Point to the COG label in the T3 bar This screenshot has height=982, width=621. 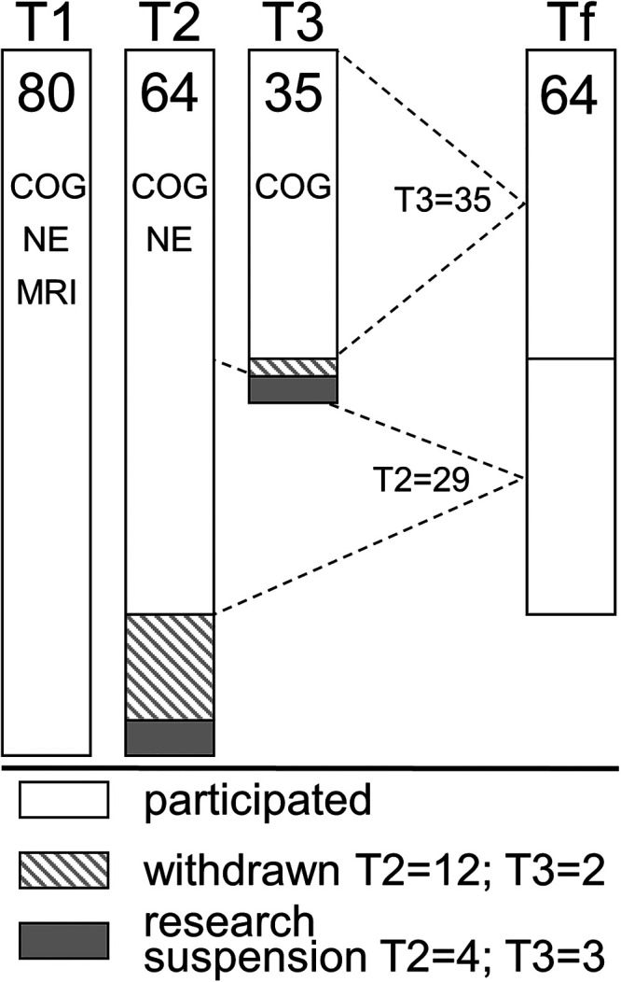tap(293, 188)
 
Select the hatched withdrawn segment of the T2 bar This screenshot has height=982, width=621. tap(170, 667)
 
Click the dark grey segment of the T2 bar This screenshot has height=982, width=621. tap(170, 736)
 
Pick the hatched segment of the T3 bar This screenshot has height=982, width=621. tap(293, 367)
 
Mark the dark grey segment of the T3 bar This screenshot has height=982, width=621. tap(293, 389)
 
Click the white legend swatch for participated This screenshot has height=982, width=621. tap(64, 801)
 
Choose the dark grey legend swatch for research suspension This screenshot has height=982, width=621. tap(64, 940)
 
